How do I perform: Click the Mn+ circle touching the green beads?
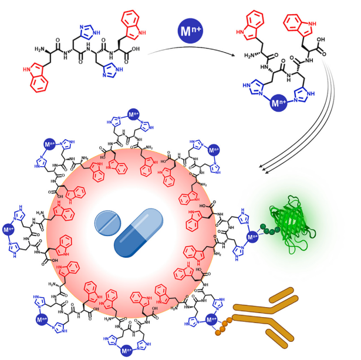(x=253, y=238)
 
